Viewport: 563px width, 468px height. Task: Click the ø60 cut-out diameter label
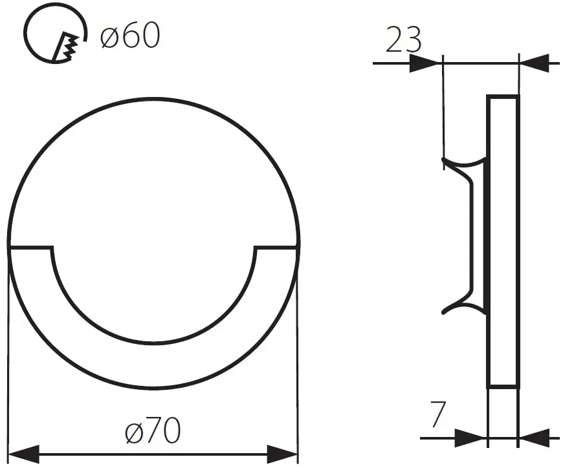[130, 37]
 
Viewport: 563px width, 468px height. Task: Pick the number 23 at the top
[403, 41]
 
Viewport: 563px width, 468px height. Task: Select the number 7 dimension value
[438, 415]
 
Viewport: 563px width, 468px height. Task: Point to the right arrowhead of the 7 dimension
[535, 438]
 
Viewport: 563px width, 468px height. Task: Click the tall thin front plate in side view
[503, 242]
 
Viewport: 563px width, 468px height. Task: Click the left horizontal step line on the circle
[30, 248]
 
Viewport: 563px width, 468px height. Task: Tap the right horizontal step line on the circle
[277, 248]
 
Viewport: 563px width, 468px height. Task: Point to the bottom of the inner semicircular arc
[153, 343]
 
